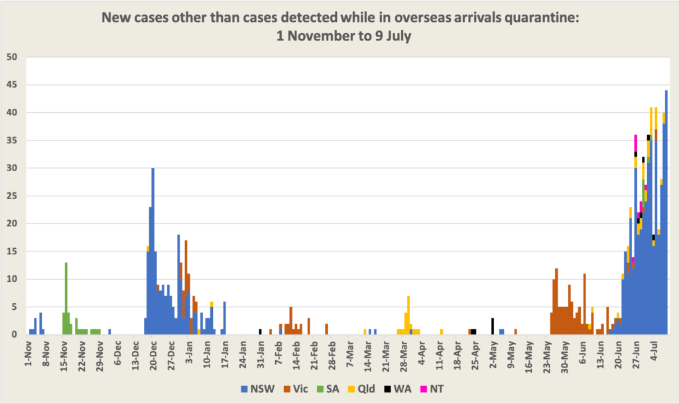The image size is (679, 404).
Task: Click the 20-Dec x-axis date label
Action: pos(153,354)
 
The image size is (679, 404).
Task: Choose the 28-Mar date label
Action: pos(403,354)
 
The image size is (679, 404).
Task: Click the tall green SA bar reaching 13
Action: pos(66,299)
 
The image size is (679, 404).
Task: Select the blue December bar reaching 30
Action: pos(153,252)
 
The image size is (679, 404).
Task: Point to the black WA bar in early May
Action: pos(493,326)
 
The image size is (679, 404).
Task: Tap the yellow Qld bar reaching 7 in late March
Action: pos(408,305)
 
